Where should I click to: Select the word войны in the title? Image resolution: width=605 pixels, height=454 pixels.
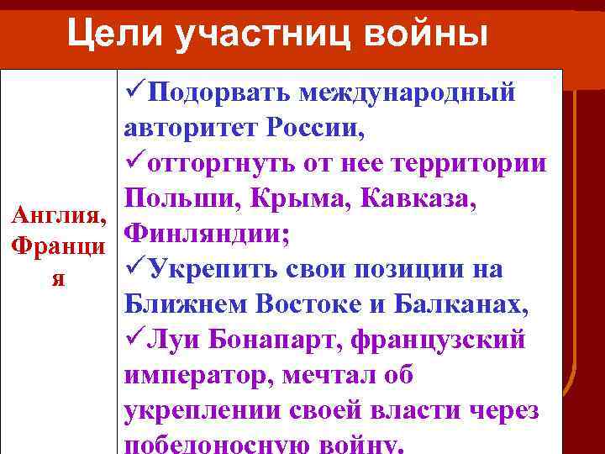(x=419, y=34)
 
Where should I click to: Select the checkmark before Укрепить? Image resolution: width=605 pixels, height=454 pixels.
(x=134, y=269)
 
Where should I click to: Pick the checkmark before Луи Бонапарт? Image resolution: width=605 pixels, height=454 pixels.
(x=134, y=340)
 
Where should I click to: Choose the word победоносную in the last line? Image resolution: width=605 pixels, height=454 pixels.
(x=226, y=445)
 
